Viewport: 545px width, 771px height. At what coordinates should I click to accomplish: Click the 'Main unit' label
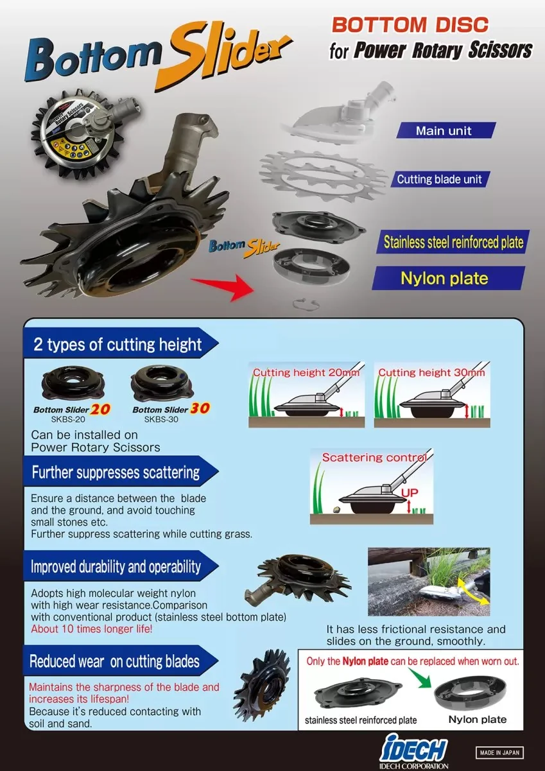point(444,131)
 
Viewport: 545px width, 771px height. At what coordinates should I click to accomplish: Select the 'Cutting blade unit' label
point(439,179)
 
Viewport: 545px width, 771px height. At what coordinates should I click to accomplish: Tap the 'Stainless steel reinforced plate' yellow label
point(453,242)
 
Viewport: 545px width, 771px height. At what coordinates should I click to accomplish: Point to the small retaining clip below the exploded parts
point(306,304)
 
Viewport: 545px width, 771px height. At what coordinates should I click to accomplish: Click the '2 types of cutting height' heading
point(117,344)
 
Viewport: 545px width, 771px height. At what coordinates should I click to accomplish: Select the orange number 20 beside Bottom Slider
point(100,408)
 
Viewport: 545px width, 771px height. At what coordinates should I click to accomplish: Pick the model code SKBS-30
point(161,419)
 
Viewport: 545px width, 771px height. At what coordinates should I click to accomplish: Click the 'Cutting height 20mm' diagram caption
point(306,372)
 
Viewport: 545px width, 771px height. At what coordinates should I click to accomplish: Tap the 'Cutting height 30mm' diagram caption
point(431,372)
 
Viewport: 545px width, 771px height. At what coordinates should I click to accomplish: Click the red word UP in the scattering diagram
point(410,493)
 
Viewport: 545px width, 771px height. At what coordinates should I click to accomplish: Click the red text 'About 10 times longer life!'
point(92,629)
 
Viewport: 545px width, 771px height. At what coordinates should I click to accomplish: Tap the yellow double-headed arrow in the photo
point(472,591)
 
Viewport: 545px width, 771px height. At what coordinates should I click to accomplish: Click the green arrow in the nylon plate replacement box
point(420,678)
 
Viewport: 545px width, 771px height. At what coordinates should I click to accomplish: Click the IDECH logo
point(414,752)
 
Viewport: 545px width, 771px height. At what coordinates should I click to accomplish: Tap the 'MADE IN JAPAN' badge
point(499,752)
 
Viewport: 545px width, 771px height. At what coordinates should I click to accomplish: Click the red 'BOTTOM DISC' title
point(410,25)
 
